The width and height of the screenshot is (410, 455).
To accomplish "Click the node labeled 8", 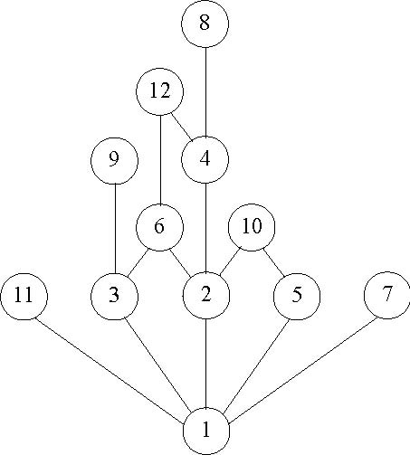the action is click(205, 24).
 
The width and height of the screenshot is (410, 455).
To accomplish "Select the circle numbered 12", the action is click(160, 91).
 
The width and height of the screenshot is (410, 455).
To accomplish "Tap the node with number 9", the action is click(115, 161).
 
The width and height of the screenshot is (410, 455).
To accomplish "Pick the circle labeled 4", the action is click(205, 159).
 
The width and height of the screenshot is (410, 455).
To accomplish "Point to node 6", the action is click(160, 227).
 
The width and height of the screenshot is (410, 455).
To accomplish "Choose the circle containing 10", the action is click(252, 227).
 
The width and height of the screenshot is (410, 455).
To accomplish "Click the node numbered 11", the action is click(24, 297).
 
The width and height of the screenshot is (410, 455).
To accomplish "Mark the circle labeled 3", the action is click(115, 297).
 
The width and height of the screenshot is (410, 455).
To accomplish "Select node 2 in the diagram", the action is click(206, 295).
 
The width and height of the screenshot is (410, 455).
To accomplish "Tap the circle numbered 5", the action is click(297, 297).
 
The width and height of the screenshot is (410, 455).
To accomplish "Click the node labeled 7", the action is click(387, 295).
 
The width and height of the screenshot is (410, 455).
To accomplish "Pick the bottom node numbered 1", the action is click(206, 431).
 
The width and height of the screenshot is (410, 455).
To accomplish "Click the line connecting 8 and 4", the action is click(205, 91).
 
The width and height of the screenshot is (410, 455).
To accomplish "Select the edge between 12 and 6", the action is click(160, 159).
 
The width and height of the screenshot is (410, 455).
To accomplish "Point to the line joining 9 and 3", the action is click(115, 229).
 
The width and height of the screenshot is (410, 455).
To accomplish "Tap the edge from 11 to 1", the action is click(110, 371).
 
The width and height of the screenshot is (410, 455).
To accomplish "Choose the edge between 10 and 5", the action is click(274, 262).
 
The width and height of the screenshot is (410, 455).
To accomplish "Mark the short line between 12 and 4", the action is click(182, 127).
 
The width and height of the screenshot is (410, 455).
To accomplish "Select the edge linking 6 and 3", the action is click(138, 262).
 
